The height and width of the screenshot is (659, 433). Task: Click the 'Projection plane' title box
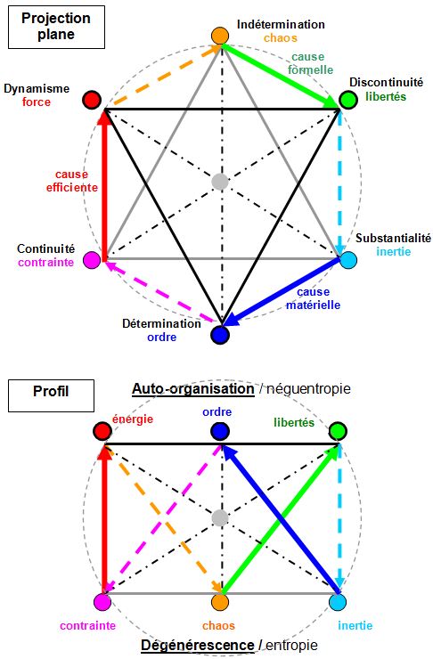56,27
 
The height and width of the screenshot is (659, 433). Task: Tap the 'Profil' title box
51,395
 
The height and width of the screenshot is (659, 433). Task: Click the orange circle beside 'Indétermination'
220,36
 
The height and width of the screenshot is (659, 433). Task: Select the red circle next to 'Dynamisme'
92,100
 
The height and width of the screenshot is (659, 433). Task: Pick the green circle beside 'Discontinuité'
348,100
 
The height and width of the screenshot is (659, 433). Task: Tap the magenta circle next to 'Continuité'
92,260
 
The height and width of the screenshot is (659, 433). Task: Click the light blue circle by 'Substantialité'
348,260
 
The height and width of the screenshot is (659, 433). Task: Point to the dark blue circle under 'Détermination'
220,335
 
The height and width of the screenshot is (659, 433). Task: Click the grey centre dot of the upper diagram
220,182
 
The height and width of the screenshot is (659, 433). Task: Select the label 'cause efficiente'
72,181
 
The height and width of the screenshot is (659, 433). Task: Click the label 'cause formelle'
310,63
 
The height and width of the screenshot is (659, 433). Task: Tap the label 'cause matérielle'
314,298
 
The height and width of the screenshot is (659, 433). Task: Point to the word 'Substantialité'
393,238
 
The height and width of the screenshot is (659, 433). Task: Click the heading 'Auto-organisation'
193,389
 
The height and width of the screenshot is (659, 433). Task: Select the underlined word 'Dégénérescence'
197,645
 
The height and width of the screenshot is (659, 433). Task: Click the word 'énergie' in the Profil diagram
133,419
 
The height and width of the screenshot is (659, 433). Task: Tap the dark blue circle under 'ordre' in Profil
220,431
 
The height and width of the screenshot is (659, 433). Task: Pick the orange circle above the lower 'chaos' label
220,602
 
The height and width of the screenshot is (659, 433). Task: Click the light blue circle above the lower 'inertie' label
337,602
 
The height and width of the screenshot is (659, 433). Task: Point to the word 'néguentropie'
308,389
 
